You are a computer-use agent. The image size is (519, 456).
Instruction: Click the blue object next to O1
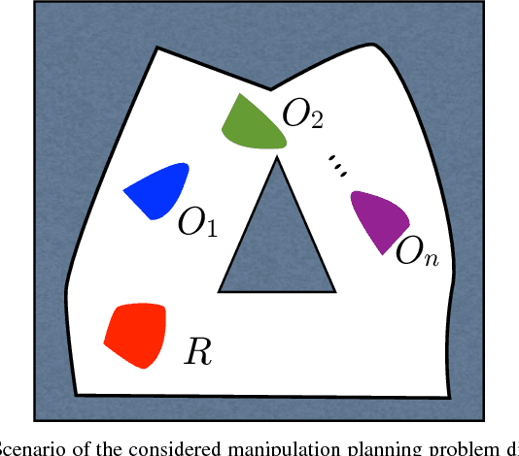pyautogui.click(x=157, y=189)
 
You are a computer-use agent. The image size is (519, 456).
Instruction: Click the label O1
pyautogui.click(x=197, y=223)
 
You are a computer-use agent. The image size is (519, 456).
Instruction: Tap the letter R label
pyautogui.click(x=198, y=351)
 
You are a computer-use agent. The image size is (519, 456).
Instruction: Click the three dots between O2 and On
pyautogui.click(x=337, y=166)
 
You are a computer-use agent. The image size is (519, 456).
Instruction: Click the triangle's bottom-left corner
pyautogui.click(x=220, y=290)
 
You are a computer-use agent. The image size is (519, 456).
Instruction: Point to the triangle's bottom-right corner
pyautogui.click(x=336, y=290)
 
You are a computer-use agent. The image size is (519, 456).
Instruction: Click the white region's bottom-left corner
pyautogui.click(x=78, y=393)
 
